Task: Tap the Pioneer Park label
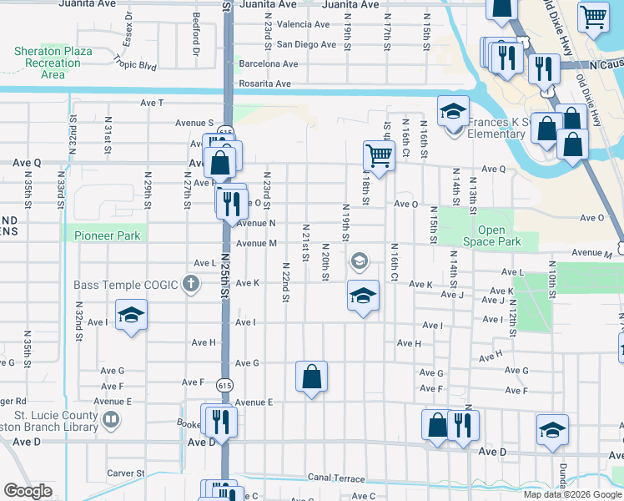click(107, 235)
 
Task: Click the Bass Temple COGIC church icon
click(191, 285)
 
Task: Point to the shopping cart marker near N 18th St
click(379, 155)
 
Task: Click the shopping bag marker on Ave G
click(311, 376)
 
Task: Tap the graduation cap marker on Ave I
click(130, 316)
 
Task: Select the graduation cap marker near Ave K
click(363, 296)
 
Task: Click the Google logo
click(28, 491)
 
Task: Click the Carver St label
click(126, 473)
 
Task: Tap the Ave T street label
click(152, 102)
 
